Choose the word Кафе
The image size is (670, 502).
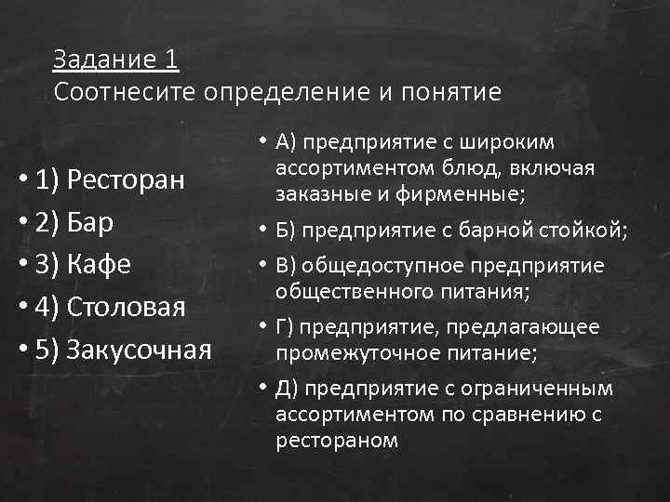[x=98, y=266]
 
